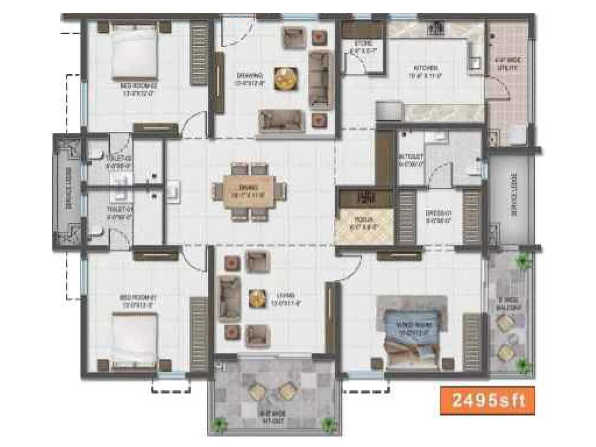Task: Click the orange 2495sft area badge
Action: pyautogui.click(x=487, y=400)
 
